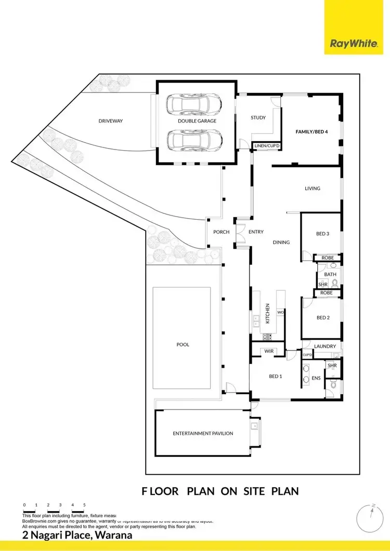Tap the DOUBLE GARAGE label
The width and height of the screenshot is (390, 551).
(x=197, y=121)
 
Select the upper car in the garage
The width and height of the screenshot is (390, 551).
(x=195, y=105)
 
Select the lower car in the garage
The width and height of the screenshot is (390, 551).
(x=195, y=139)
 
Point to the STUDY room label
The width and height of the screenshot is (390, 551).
(x=258, y=118)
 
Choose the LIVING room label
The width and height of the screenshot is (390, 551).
(x=313, y=189)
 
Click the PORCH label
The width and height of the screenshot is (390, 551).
(x=221, y=232)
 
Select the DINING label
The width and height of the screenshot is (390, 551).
(x=281, y=242)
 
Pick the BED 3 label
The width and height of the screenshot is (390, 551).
(x=322, y=234)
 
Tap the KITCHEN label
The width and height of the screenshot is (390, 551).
(x=268, y=314)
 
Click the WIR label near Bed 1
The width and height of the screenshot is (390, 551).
(x=269, y=352)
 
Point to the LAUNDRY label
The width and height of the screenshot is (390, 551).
(x=326, y=346)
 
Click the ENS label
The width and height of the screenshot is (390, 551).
(x=316, y=379)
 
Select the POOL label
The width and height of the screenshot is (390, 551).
(x=183, y=344)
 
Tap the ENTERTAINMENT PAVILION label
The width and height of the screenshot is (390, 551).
(x=203, y=433)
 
